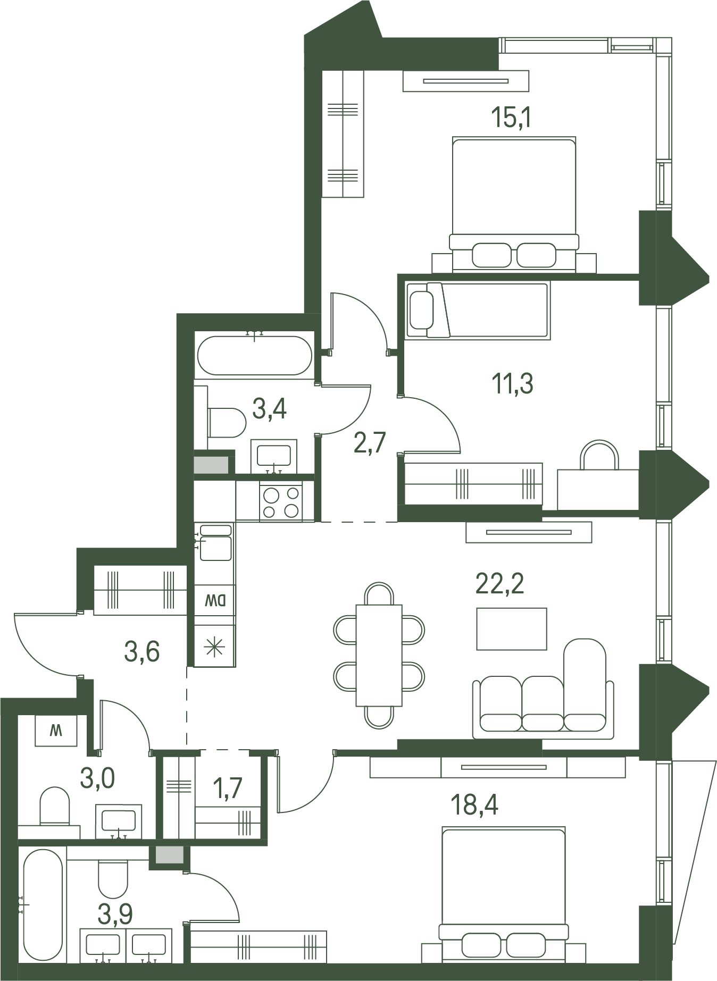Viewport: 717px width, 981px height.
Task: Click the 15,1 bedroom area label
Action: pyautogui.click(x=512, y=118)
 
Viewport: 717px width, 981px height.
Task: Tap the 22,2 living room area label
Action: pyautogui.click(x=499, y=584)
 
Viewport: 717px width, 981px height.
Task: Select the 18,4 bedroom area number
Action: pyautogui.click(x=474, y=805)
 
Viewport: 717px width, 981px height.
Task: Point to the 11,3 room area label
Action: pyautogui.click(x=512, y=383)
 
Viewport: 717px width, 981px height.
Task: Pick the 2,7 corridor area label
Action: pyautogui.click(x=370, y=442)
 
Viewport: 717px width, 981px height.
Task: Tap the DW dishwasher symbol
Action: pyautogui.click(x=215, y=601)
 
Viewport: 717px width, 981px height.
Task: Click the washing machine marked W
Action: pyautogui.click(x=56, y=731)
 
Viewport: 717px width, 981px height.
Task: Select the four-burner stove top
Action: pyautogui.click(x=281, y=502)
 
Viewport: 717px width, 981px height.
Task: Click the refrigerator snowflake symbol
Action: pyautogui.click(x=215, y=647)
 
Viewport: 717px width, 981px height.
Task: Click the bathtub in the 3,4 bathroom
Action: pyautogui.click(x=254, y=355)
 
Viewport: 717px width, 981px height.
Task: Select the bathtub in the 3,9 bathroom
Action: pyautogui.click(x=43, y=904)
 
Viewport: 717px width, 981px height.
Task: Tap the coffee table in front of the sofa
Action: pyautogui.click(x=511, y=629)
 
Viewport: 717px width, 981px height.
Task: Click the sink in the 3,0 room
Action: pyautogui.click(x=119, y=821)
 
